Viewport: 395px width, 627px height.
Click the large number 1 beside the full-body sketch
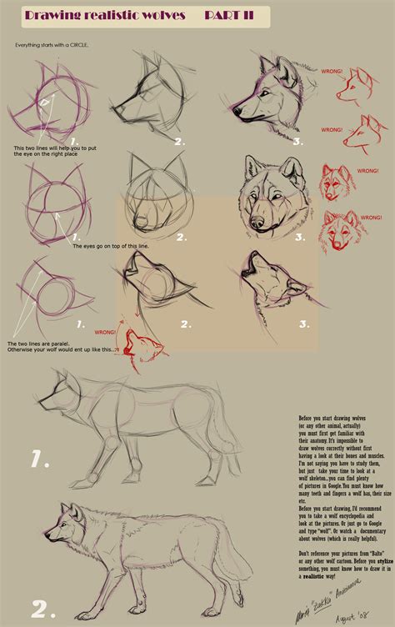coord(42,459)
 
